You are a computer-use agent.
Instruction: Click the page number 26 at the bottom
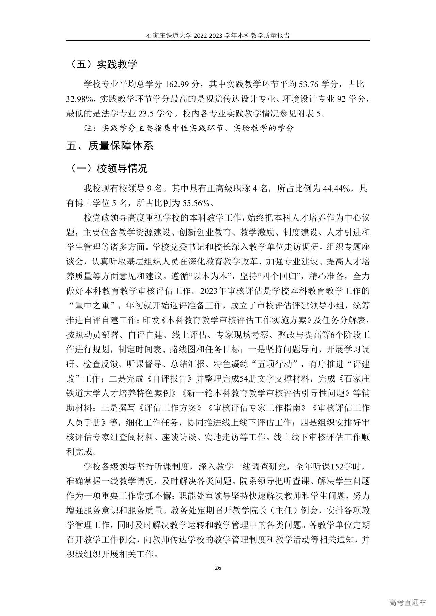[218, 568]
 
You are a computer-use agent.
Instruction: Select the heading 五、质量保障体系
[110, 146]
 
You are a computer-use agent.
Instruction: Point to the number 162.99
[178, 84]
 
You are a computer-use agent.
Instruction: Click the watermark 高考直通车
[407, 602]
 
